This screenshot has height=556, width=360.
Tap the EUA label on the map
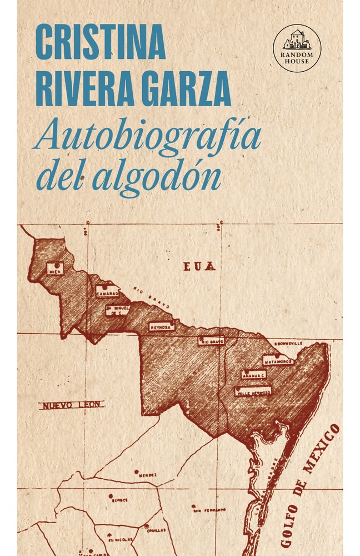tap(199, 266)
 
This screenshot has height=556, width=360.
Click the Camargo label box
tap(107, 291)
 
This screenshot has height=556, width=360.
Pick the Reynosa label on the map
tap(162, 327)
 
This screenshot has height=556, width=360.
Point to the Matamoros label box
tap(277, 360)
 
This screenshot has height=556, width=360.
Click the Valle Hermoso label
tap(253, 391)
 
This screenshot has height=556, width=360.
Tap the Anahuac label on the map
tap(253, 375)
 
